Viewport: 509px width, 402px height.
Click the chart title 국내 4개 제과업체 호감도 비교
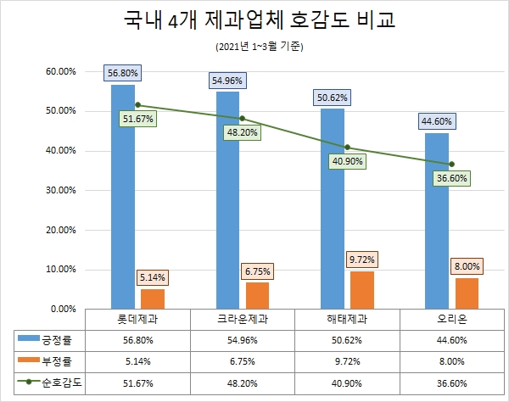(254, 20)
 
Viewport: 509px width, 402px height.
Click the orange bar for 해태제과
(363, 289)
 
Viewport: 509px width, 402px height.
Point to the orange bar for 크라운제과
(258, 295)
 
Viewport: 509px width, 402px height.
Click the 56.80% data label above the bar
(123, 73)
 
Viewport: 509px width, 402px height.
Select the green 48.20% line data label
(243, 132)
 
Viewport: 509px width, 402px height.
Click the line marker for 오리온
(452, 164)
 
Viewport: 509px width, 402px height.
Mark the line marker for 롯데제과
(137, 105)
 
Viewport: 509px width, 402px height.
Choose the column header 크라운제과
(240, 319)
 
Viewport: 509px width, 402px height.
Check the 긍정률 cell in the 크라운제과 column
(240, 339)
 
